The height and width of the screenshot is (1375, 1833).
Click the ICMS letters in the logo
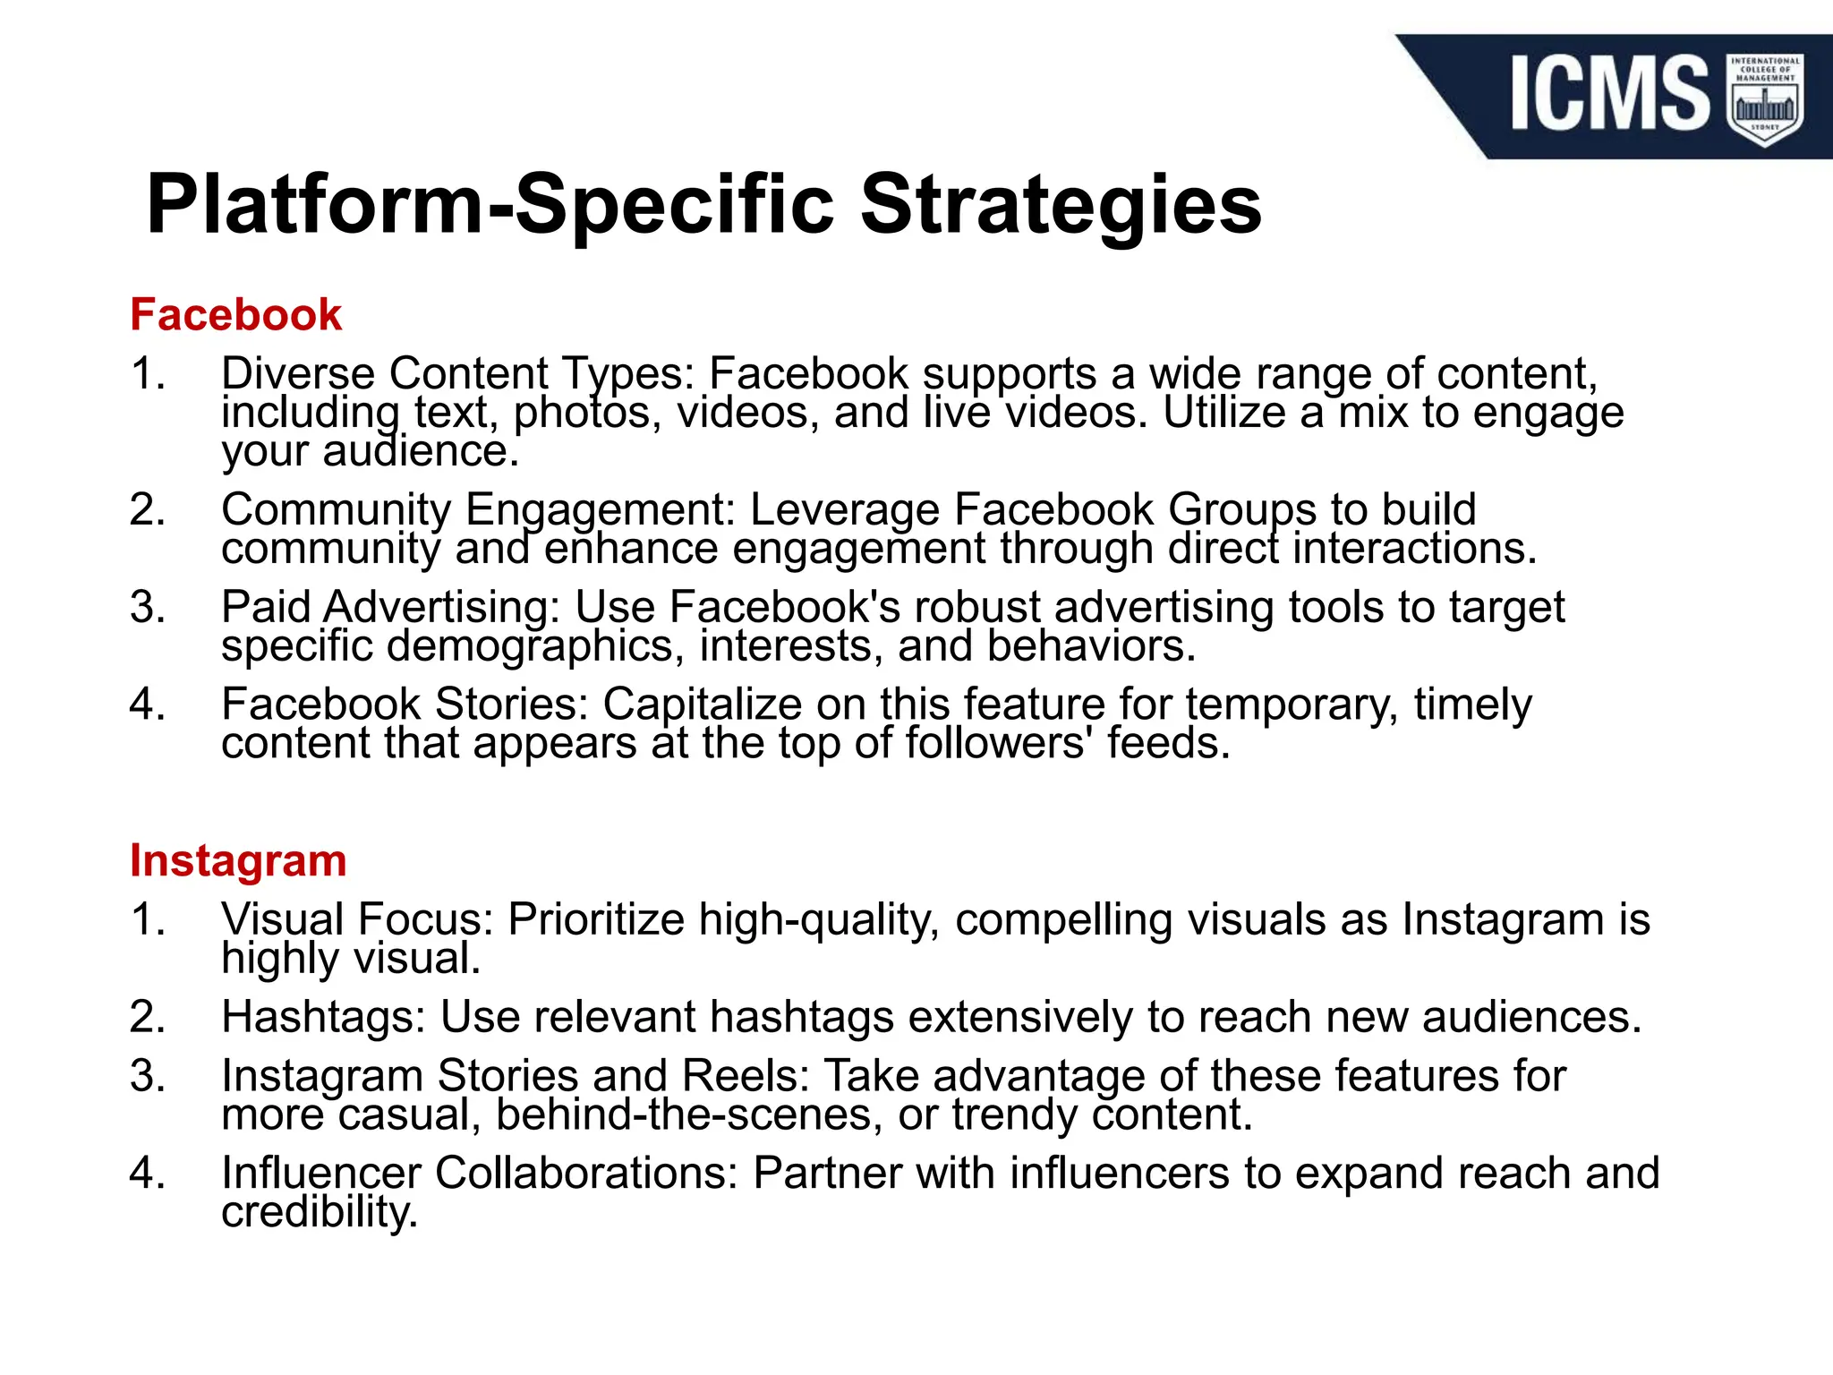click(x=1609, y=92)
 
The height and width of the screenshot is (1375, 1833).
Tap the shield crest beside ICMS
click(x=1764, y=98)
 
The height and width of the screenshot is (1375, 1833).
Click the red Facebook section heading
click(x=235, y=315)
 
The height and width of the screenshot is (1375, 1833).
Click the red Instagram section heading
click(x=238, y=860)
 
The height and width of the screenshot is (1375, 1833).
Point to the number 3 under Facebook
click(x=148, y=607)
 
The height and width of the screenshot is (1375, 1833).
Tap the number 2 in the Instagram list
click(x=148, y=1017)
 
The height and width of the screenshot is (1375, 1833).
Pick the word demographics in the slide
click(x=535, y=646)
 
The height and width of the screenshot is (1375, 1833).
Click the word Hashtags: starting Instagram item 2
click(x=323, y=1017)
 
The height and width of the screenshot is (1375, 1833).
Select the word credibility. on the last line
click(x=320, y=1212)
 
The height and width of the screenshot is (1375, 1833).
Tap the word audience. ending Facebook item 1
click(x=421, y=451)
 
